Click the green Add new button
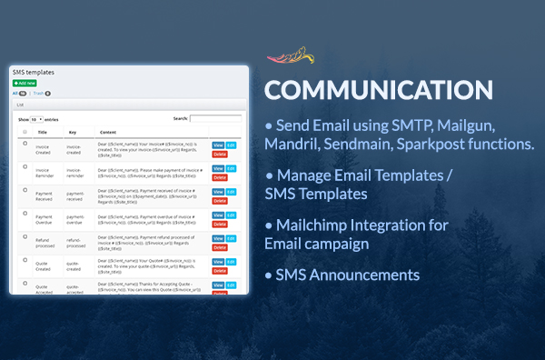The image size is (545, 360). pos(25,83)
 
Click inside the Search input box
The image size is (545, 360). pos(215,118)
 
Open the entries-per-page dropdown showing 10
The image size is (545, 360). pos(36,119)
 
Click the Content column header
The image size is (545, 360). pos(109,131)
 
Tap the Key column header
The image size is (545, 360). pos(72,131)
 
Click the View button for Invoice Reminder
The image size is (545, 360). pos(218,168)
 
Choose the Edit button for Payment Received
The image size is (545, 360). pos(231,192)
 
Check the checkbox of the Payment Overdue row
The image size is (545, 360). pos(25,215)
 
